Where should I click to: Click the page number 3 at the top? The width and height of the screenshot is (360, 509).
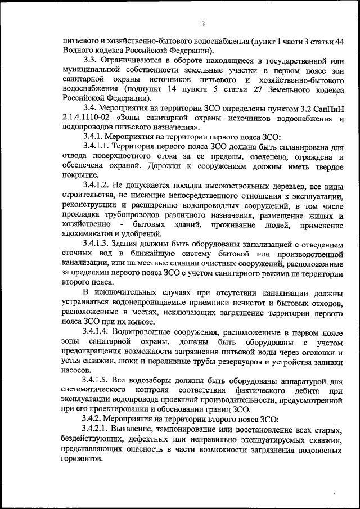203,22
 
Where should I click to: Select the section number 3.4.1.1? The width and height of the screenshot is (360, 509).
98,146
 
